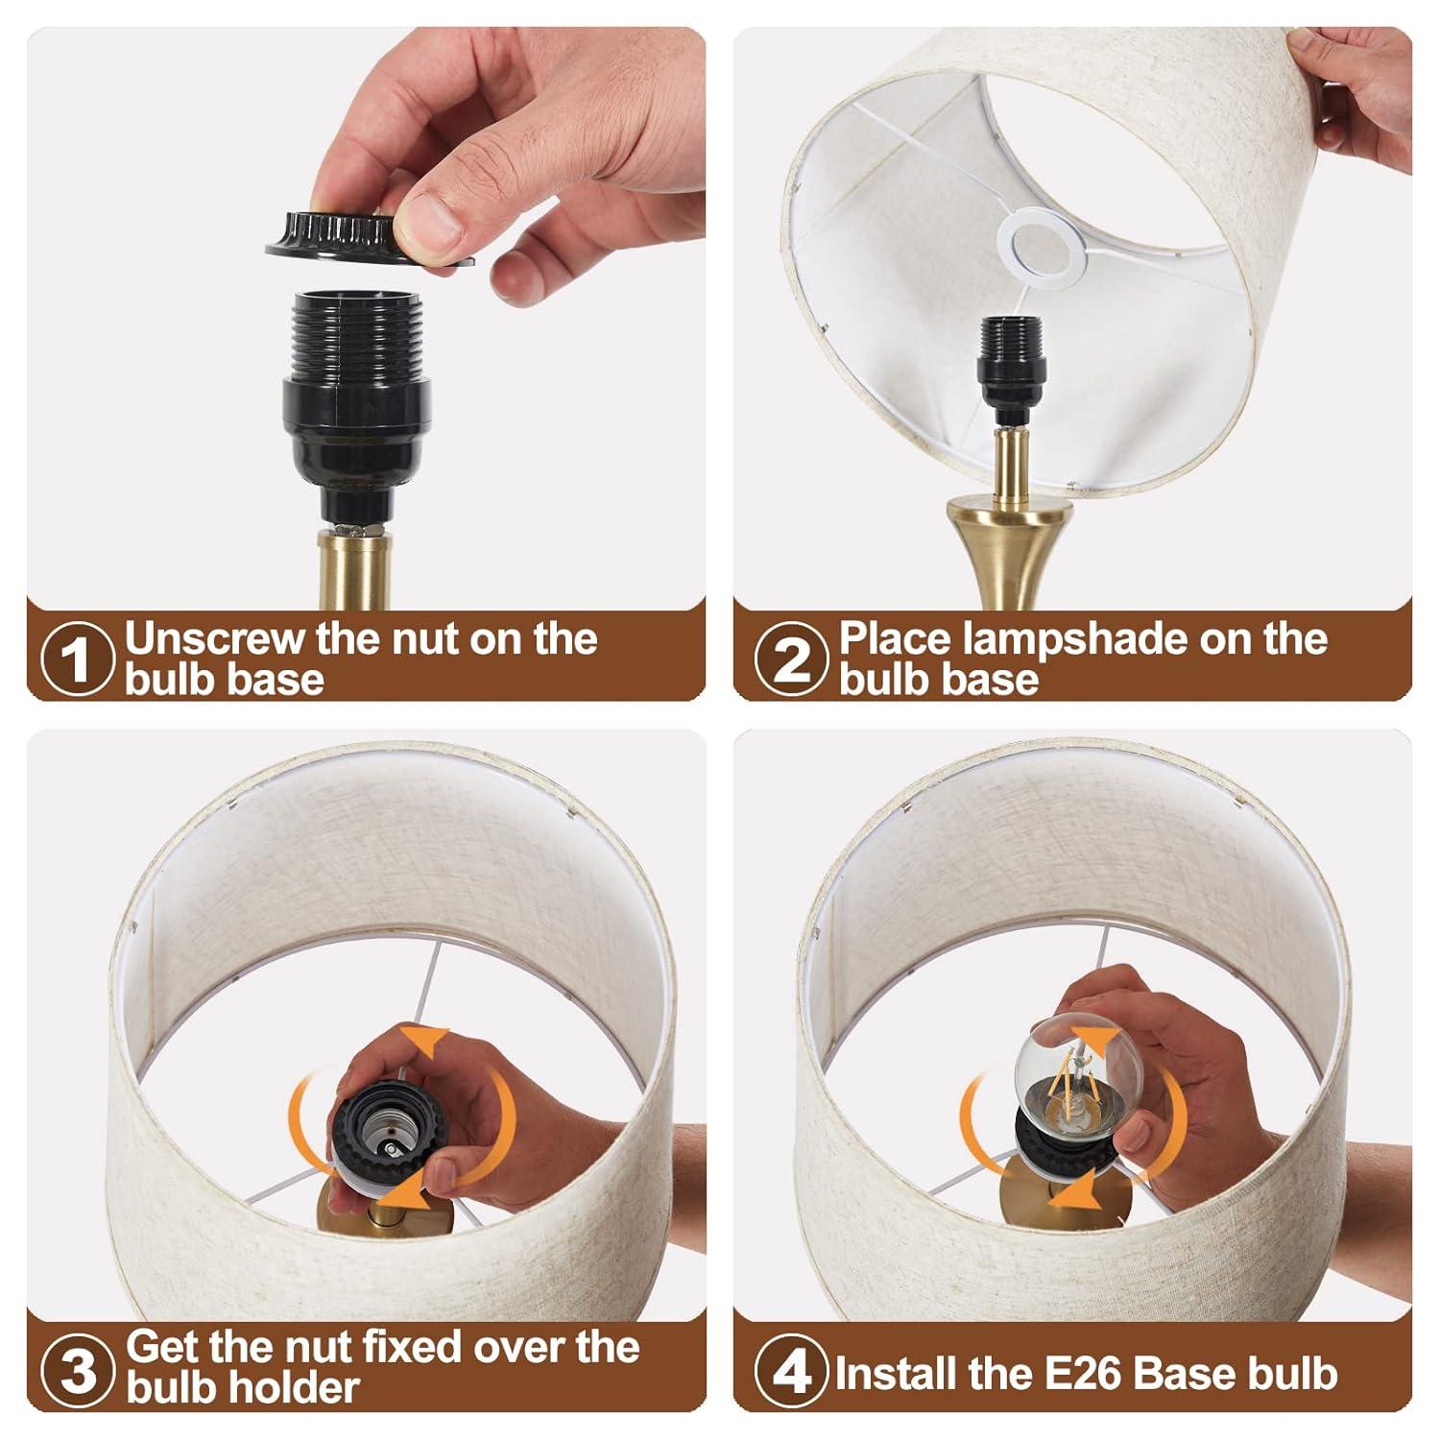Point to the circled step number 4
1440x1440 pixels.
point(791,1370)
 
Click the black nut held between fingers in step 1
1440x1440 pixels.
point(374,237)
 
